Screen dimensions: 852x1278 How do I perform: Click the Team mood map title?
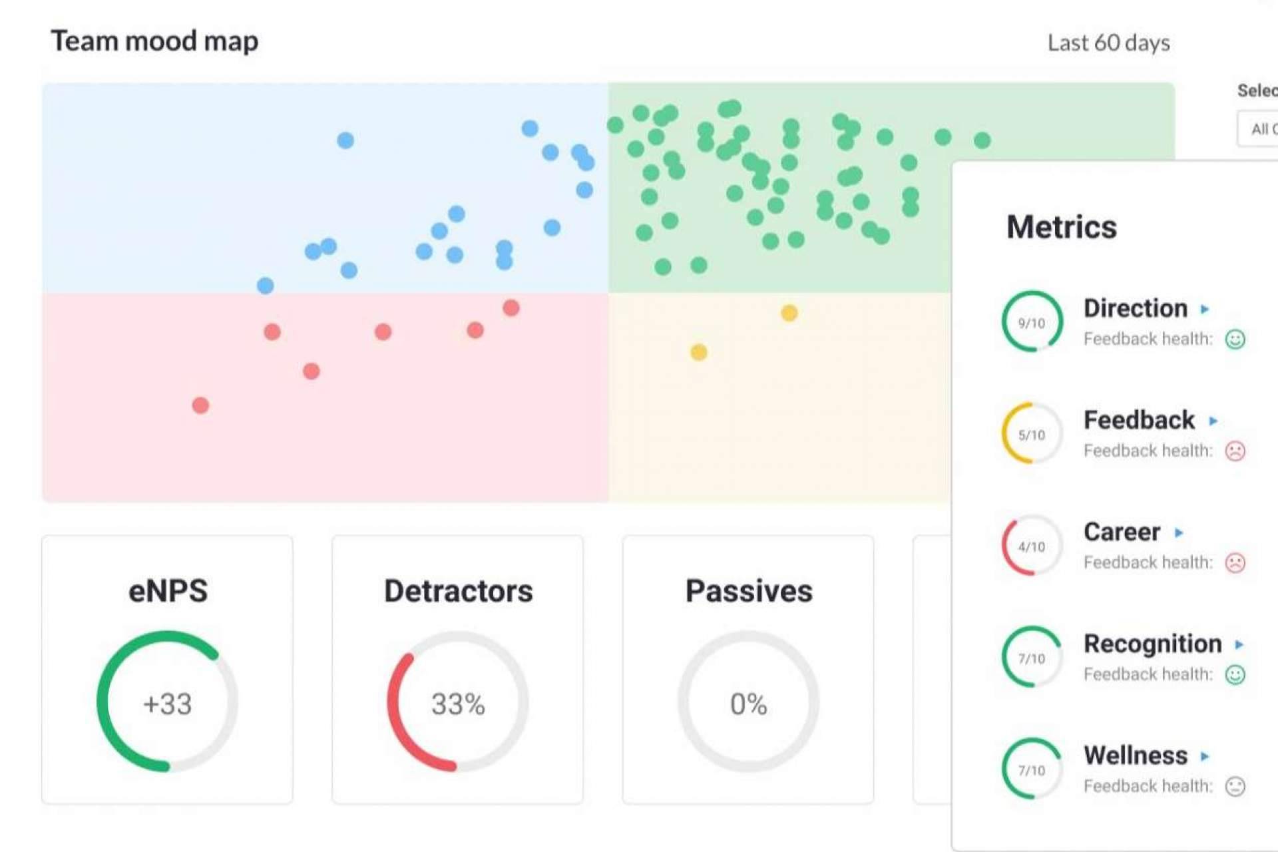point(154,41)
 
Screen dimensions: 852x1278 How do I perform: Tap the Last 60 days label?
point(1108,43)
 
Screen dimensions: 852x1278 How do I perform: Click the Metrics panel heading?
point(1061,227)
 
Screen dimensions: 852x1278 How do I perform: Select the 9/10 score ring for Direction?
point(1032,322)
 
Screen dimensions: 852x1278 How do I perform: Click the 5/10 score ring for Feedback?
point(1032,434)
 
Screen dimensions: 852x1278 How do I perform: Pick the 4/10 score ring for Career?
point(1032,546)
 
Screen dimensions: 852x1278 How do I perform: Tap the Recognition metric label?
point(1152,644)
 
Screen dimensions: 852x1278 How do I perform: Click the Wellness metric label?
point(1135,755)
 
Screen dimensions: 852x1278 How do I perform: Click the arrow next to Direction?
point(1204,309)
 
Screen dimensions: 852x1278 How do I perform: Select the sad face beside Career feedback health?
point(1235,562)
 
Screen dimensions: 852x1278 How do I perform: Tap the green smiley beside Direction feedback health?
point(1235,339)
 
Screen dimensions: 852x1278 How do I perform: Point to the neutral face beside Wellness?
point(1235,786)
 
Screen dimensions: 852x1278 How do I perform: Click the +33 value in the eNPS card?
point(167,704)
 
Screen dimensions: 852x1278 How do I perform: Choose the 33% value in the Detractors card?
point(458,704)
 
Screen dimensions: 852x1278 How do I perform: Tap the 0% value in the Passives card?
point(748,704)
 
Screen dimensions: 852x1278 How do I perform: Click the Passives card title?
point(748,591)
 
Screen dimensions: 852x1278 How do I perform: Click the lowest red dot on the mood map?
point(200,405)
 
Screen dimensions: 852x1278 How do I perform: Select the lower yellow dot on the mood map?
point(698,352)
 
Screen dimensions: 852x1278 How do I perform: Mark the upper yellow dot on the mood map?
point(789,313)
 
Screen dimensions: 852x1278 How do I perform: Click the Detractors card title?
point(458,591)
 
